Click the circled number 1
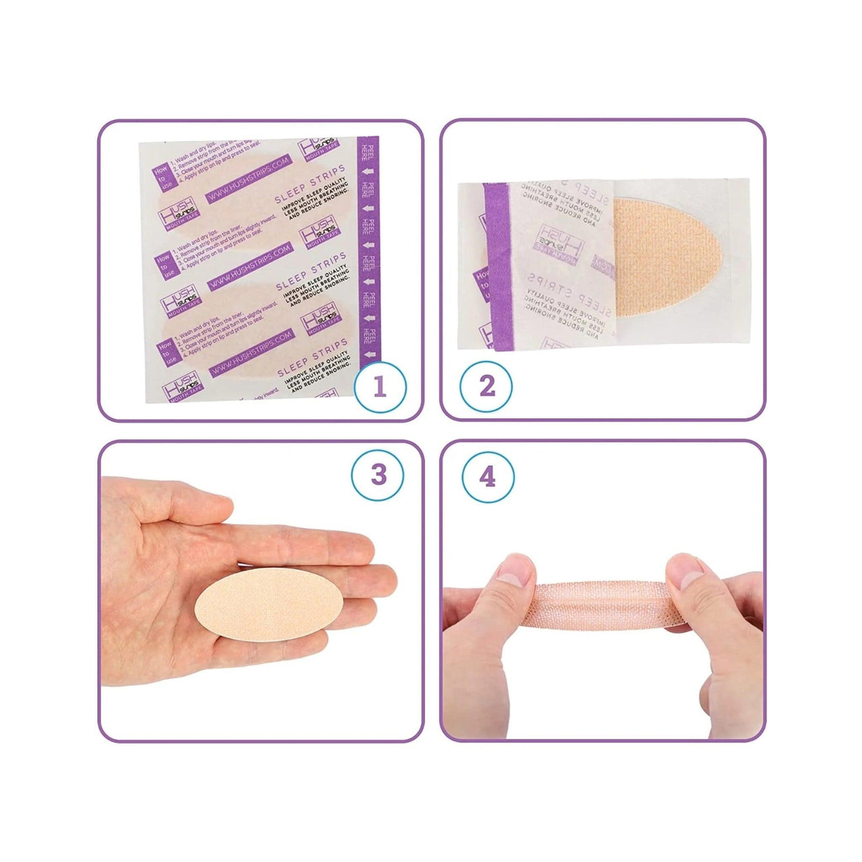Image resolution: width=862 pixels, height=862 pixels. click(380, 387)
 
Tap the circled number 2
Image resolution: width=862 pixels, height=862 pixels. click(486, 387)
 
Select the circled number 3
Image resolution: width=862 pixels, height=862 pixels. click(378, 475)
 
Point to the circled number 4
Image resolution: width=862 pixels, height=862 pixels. click(488, 477)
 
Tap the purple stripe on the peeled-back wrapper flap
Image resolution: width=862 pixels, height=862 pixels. click(499, 269)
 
